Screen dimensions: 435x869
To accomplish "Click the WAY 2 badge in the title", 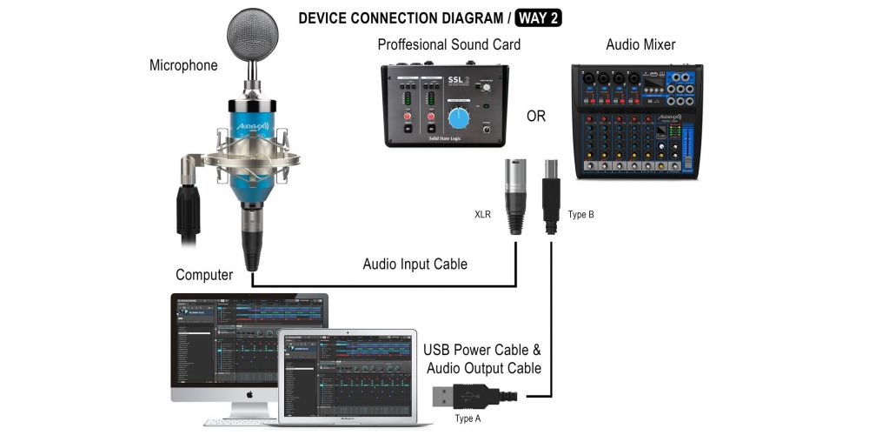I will [x=540, y=17].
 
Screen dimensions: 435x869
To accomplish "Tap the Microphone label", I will [x=183, y=65].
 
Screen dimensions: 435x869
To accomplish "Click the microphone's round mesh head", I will [x=253, y=34].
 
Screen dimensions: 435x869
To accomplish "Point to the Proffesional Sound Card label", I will [x=448, y=44].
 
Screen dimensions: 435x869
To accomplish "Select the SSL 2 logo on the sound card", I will [x=458, y=82].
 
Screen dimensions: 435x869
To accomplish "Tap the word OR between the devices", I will [x=536, y=116].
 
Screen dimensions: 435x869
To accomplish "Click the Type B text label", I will [x=580, y=213].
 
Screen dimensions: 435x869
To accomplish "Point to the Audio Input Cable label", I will [x=415, y=264].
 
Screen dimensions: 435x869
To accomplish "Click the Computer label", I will [x=204, y=275].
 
